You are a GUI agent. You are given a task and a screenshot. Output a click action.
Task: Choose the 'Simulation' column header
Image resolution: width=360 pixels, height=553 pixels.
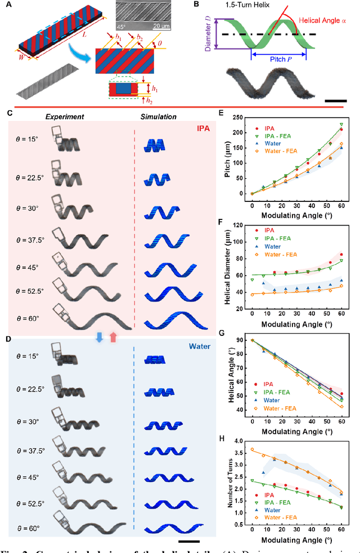(159, 117)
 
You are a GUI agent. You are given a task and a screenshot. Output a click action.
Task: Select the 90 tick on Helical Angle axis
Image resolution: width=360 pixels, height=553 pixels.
(240, 340)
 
